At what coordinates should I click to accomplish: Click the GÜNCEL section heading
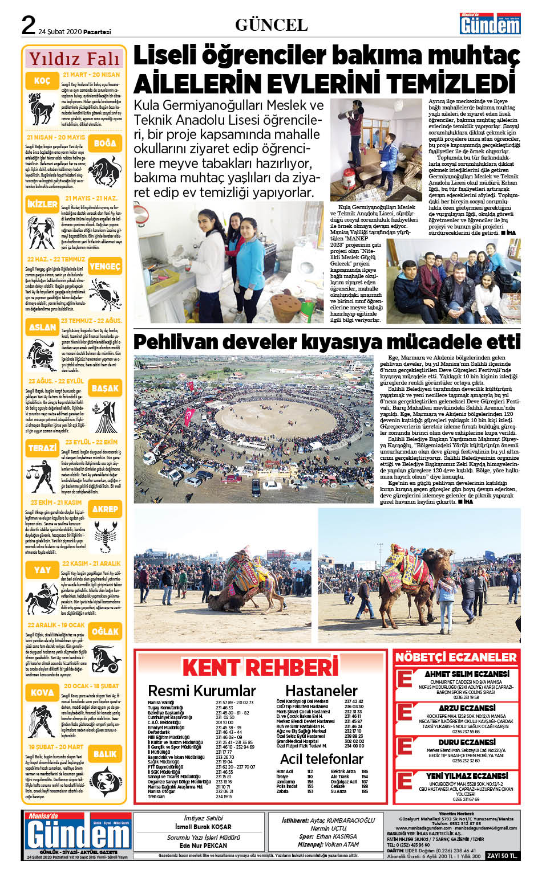click(x=271, y=24)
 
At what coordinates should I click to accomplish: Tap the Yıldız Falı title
click(x=75, y=59)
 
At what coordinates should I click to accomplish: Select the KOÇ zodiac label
click(x=42, y=81)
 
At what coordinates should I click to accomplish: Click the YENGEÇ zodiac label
click(x=105, y=266)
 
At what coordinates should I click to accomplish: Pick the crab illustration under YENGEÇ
click(x=105, y=293)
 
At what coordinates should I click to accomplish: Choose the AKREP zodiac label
click(x=105, y=509)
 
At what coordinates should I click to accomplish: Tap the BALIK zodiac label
click(x=105, y=753)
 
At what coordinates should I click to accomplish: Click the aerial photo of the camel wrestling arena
click(x=254, y=428)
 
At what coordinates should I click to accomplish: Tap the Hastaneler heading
click(x=321, y=691)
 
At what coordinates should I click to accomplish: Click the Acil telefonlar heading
click(x=322, y=759)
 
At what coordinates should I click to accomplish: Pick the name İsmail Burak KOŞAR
click(x=203, y=827)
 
